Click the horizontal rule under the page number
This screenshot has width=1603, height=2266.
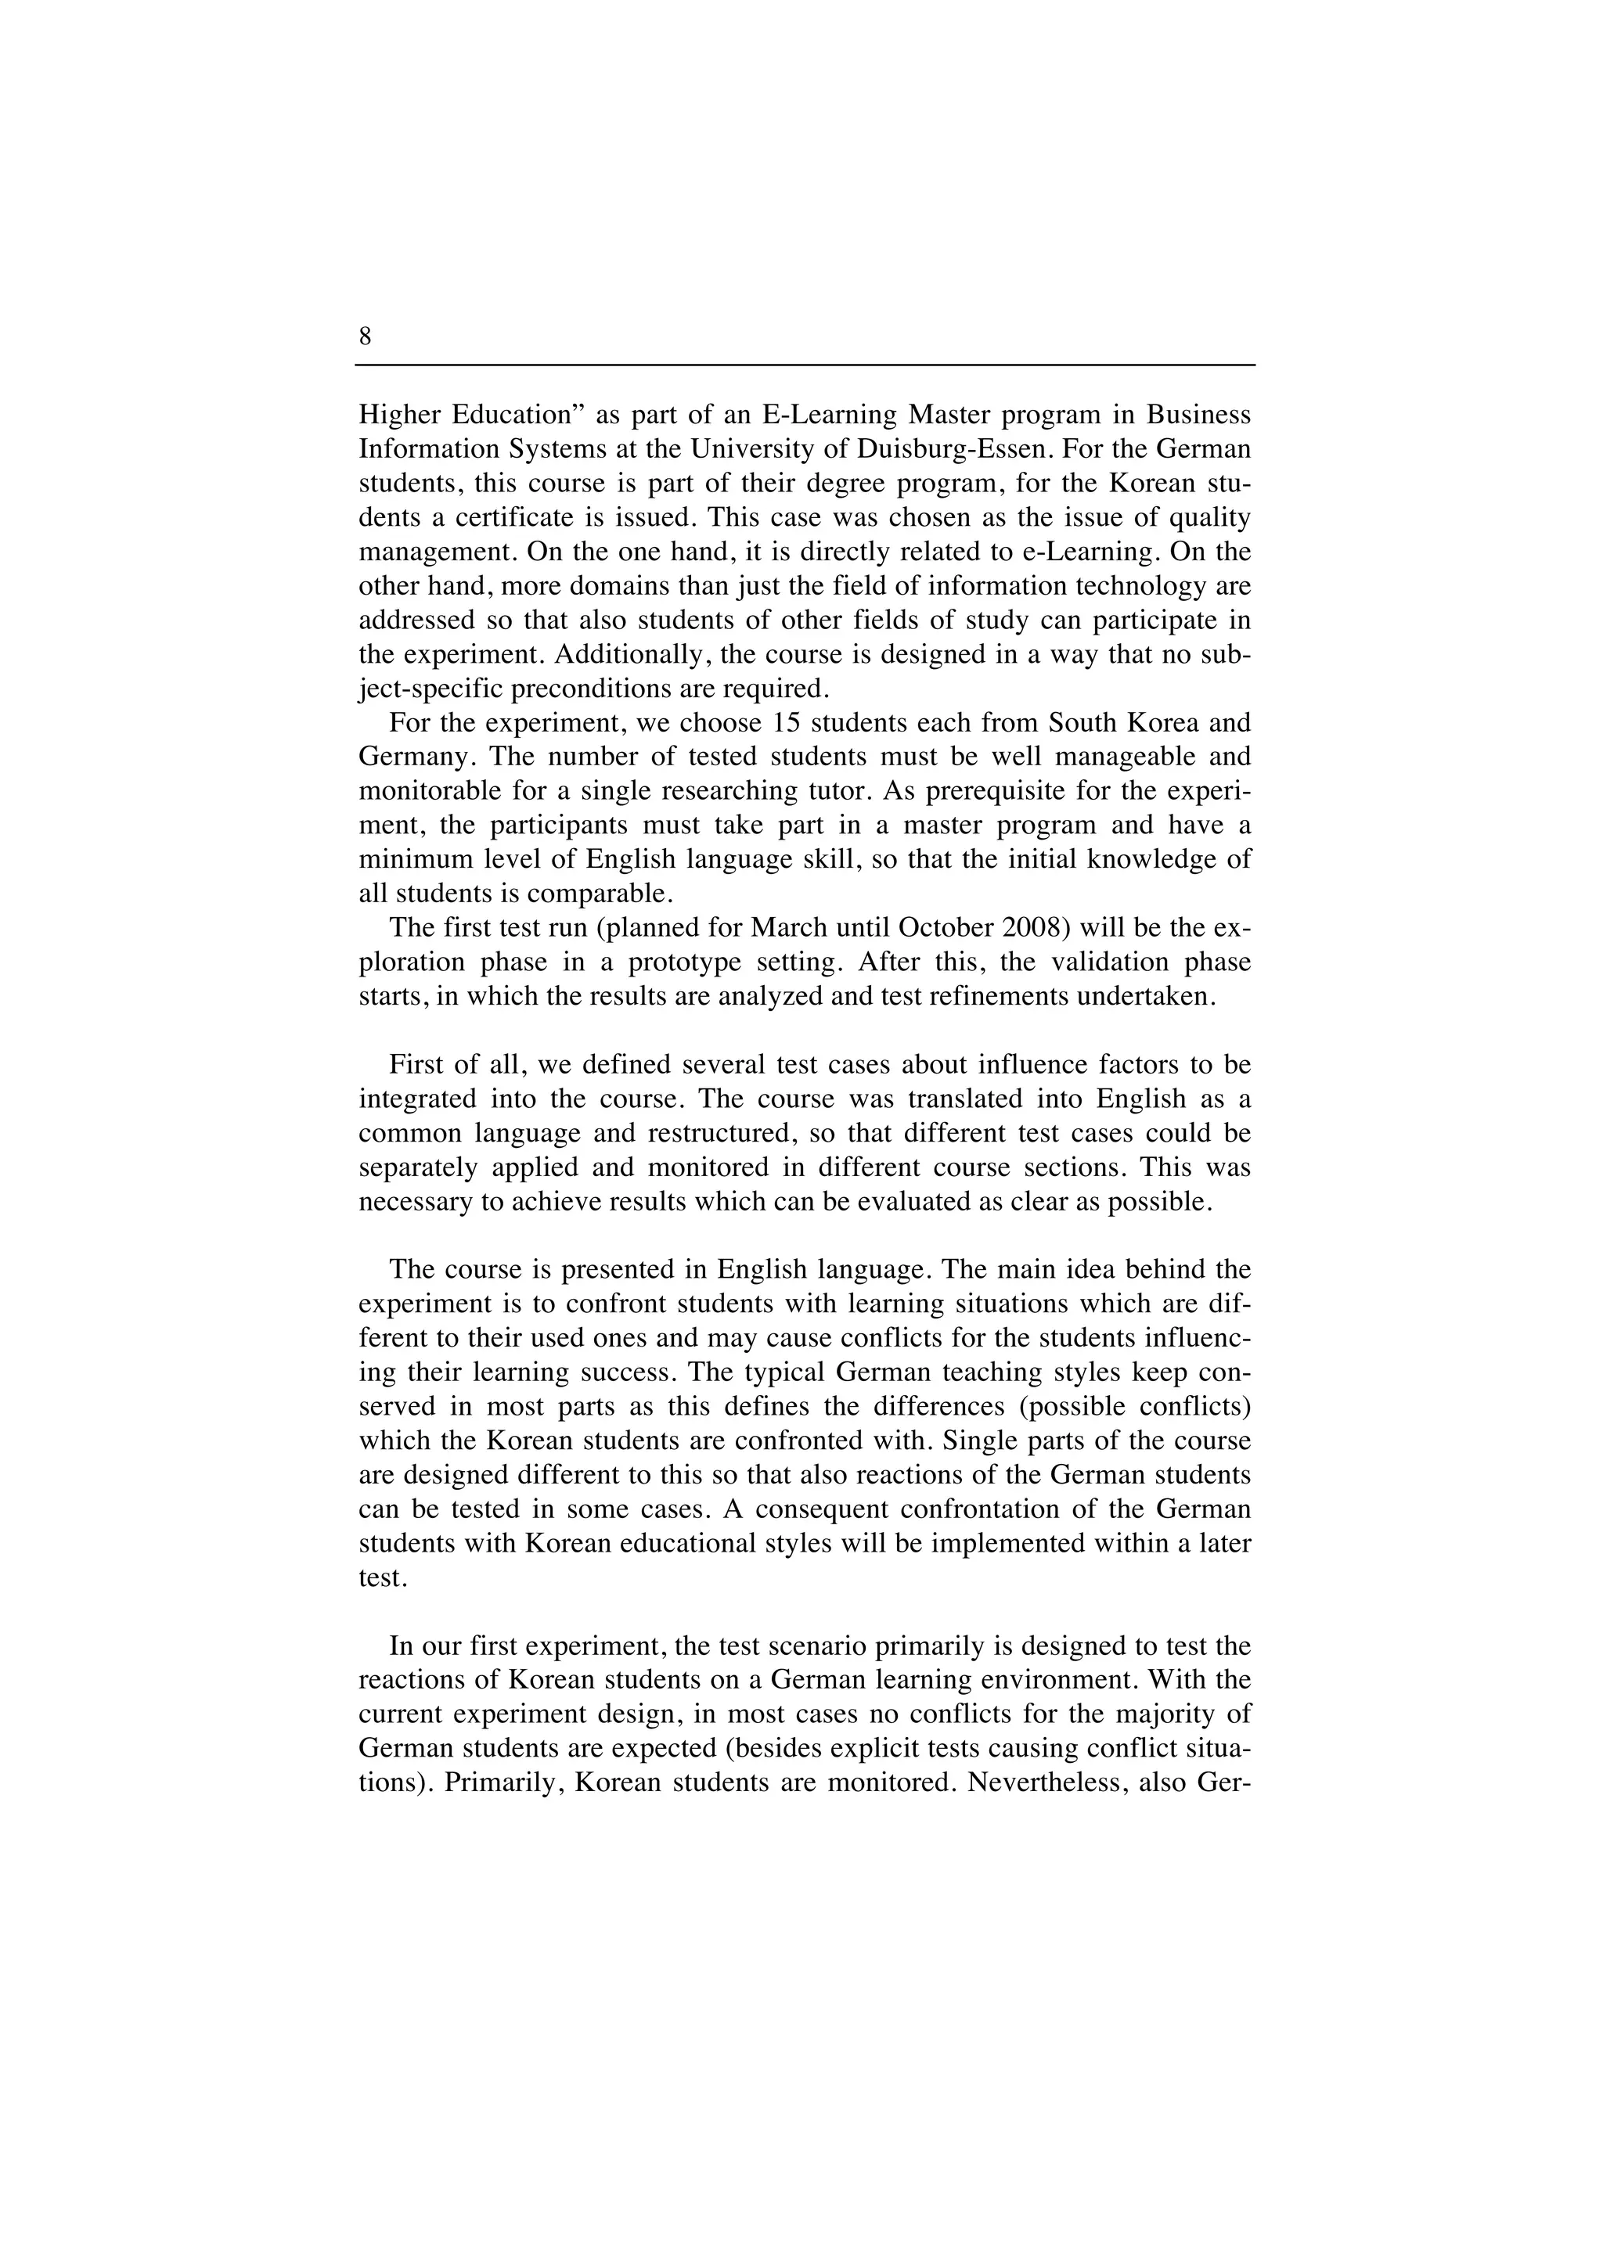tap(805, 365)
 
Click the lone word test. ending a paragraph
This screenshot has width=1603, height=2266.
tap(383, 1578)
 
